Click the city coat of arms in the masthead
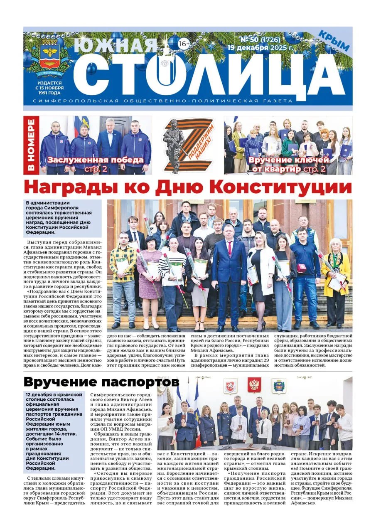50,58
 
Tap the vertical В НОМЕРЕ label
31,145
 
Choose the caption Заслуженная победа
96,160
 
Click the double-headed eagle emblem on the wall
254,385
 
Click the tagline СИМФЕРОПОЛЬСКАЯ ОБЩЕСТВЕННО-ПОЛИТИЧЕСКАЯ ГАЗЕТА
188,101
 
